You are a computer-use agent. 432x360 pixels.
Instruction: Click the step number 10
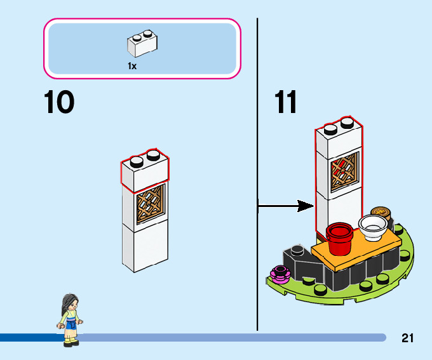coord(59,103)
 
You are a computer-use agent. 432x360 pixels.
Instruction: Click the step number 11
coord(286,103)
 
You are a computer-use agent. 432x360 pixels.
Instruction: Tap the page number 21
coord(407,338)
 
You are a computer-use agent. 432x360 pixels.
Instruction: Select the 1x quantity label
coord(132,65)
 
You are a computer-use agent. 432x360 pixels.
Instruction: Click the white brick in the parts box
coord(142,44)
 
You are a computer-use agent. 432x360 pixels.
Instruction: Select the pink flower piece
coord(280,273)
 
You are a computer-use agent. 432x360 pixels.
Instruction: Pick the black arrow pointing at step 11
coord(286,206)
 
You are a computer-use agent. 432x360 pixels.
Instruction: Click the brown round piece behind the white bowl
coord(382,212)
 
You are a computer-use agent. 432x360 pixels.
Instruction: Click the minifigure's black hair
coord(67,303)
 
